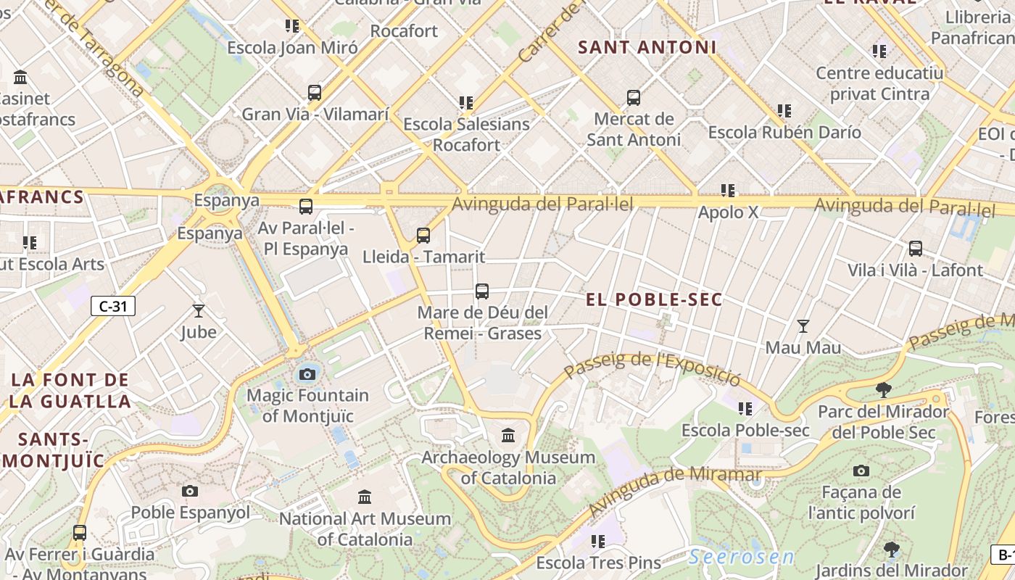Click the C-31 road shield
[x=113, y=306]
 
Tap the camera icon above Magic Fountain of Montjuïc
[x=307, y=374]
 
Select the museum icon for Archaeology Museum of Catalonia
[x=508, y=436]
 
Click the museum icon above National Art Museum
[x=365, y=497]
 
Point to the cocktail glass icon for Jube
[x=199, y=311]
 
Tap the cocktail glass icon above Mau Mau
[x=803, y=326]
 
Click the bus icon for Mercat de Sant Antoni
[x=634, y=98]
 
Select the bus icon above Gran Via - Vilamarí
[x=315, y=93]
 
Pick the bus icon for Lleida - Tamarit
[x=423, y=236]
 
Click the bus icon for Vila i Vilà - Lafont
[x=916, y=249]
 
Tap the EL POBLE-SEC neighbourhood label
[x=654, y=299]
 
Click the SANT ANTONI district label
[x=647, y=48]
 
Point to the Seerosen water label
[x=741, y=558]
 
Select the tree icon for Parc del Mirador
[x=883, y=390]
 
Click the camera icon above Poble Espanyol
[x=190, y=491]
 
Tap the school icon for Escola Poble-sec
[x=745, y=409]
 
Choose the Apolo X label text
[x=728, y=212]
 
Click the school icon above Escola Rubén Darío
[x=784, y=111]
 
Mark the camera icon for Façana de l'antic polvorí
[x=861, y=471]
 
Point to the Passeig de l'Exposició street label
[x=652, y=368]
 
